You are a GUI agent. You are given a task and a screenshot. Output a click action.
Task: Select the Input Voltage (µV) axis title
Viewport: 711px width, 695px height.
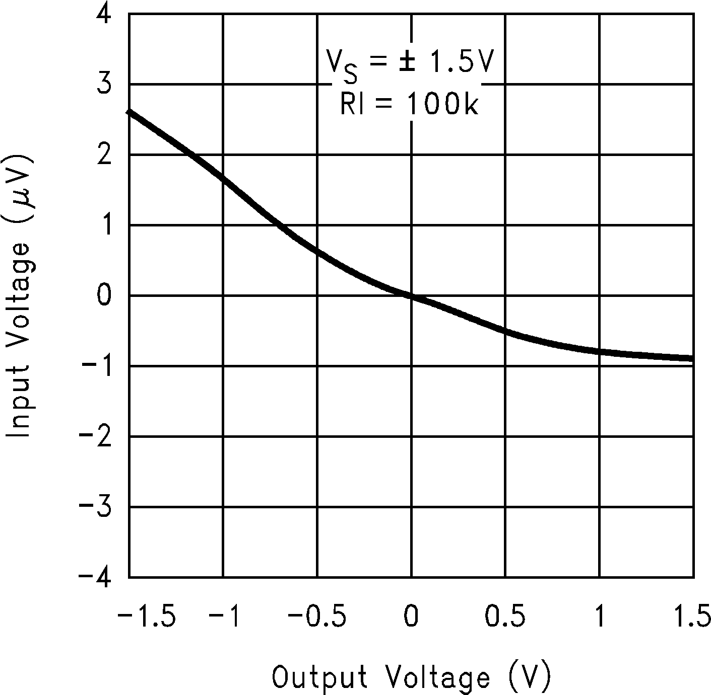(19, 295)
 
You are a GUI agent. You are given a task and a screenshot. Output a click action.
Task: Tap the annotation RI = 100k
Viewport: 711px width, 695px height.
(409, 105)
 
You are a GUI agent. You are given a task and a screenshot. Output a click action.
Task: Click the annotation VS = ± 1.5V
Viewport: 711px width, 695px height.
(409, 65)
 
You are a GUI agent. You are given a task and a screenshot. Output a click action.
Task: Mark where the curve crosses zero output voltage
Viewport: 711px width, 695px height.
(412, 297)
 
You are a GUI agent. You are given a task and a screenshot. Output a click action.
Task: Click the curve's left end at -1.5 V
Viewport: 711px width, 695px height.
(131, 111)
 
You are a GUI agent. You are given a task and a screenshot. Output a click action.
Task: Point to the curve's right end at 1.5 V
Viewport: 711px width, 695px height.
(692, 358)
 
